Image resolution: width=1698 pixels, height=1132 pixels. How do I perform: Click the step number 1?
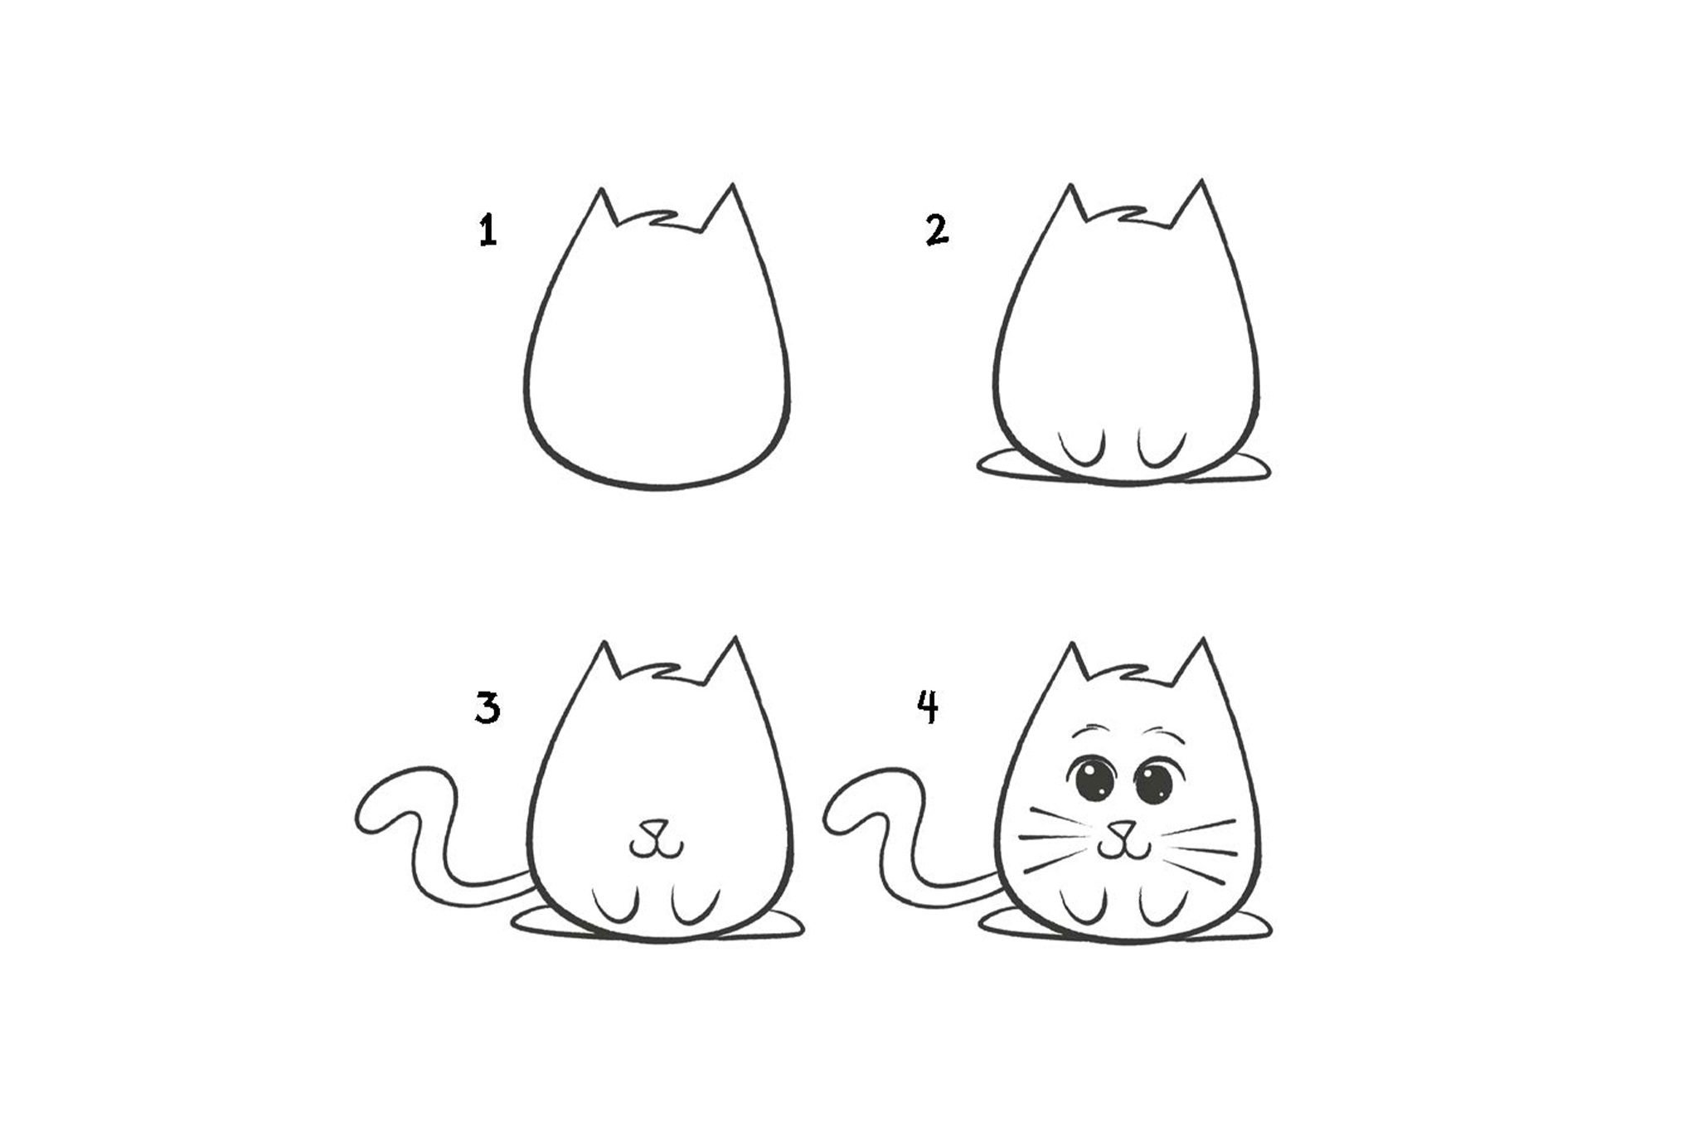point(488,230)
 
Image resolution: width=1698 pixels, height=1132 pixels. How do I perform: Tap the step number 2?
point(937,230)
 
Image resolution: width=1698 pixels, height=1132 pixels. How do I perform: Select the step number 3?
point(488,709)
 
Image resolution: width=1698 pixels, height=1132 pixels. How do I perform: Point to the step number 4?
point(929,707)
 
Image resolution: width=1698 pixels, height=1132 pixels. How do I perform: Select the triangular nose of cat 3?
point(656,828)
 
